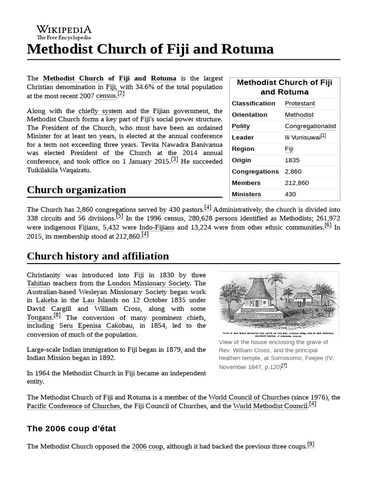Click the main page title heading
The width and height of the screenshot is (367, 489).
point(150,49)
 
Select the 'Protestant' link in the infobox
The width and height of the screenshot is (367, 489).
point(300,103)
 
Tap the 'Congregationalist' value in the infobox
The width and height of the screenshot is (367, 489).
point(310,126)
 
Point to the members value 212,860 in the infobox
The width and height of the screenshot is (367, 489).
point(297,183)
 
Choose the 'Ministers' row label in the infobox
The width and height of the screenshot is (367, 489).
point(246,194)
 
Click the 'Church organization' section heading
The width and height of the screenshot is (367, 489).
point(76,190)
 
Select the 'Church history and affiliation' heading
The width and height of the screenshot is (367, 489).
point(98,256)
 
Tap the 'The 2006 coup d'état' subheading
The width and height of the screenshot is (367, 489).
point(71,428)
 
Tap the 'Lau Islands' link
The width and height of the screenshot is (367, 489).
point(100,300)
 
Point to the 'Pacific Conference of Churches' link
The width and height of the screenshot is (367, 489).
point(74,406)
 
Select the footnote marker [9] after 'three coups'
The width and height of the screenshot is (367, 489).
point(311,444)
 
